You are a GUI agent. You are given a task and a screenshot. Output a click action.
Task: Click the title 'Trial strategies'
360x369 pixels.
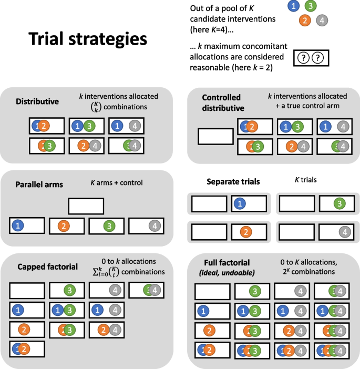[88, 39]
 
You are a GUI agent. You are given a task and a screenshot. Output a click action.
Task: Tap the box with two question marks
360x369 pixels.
[310, 58]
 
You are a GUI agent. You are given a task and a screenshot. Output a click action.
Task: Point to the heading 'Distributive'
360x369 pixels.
[37, 101]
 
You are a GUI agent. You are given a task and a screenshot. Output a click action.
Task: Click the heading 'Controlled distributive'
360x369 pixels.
[223, 103]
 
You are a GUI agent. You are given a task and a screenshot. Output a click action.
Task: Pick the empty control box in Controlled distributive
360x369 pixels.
[214, 136]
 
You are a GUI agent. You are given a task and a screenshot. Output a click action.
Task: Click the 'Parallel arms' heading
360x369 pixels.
[39, 184]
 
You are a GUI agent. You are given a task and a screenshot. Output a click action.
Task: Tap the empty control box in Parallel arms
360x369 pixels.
[86, 206]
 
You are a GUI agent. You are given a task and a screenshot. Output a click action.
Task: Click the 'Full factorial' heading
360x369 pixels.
[227, 262]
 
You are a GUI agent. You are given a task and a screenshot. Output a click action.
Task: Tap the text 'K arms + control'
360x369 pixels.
[117, 182]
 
